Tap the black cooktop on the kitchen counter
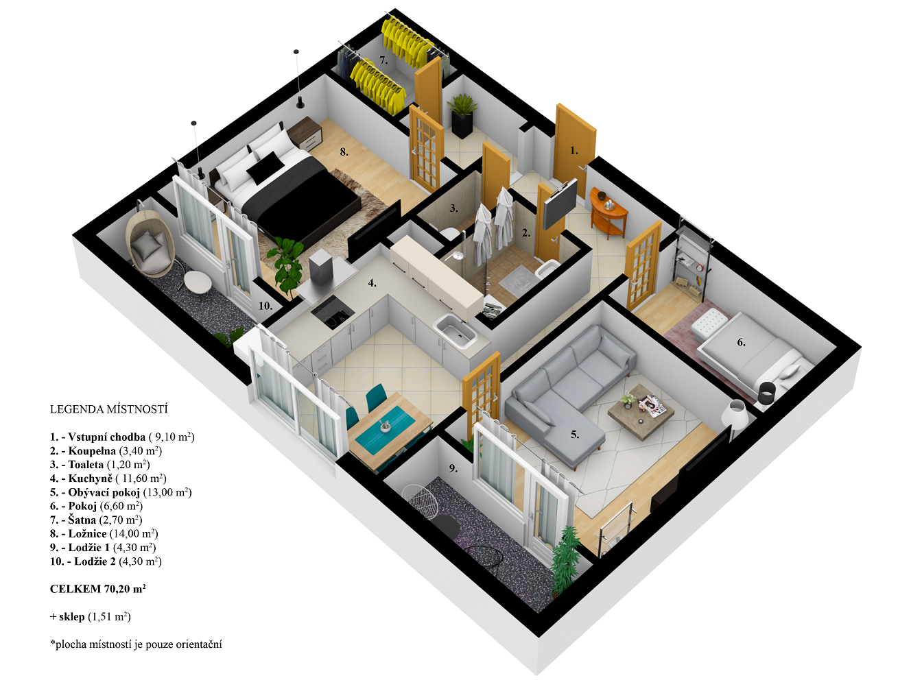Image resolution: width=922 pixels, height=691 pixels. (x=333, y=311)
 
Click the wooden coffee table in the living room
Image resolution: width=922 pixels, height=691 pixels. (x=641, y=411)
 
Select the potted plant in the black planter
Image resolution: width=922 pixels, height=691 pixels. (x=462, y=115)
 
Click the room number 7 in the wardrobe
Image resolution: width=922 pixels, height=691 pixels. (x=383, y=61)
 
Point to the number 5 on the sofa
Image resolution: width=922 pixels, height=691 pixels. (x=575, y=435)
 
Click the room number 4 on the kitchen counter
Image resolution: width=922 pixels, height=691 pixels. (x=372, y=283)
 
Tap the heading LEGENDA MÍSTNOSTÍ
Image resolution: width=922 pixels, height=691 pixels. (x=109, y=409)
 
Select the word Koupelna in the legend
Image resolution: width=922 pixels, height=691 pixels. (x=92, y=451)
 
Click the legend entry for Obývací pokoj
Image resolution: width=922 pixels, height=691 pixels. (x=121, y=493)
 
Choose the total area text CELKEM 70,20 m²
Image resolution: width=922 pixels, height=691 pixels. (x=98, y=589)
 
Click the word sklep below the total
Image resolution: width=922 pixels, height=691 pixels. (x=72, y=617)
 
